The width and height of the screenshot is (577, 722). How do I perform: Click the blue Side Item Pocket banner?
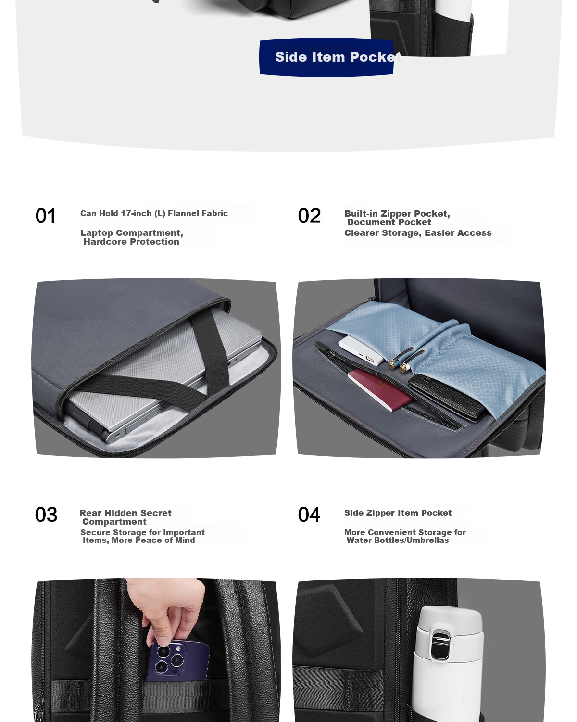(326, 57)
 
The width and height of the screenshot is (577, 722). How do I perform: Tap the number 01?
(45, 216)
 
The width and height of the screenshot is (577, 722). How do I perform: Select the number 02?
(309, 216)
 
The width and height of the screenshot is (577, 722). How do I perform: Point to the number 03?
(46, 515)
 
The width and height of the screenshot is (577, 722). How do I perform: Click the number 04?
(309, 515)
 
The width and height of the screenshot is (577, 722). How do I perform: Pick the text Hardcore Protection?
(131, 242)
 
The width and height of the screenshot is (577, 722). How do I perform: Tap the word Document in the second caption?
(367, 222)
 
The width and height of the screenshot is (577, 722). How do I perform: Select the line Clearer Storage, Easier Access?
(418, 233)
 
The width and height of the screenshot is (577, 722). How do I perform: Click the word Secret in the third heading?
(156, 513)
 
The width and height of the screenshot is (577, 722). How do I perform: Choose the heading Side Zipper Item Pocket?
(398, 513)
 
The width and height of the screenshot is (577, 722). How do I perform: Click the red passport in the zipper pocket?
(380, 390)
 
